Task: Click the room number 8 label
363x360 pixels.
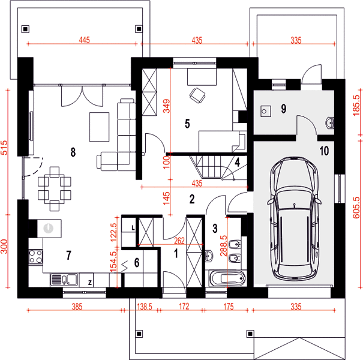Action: (73, 152)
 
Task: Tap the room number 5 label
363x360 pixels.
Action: (187, 124)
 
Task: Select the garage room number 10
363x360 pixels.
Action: (324, 151)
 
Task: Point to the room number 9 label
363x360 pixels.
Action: (284, 109)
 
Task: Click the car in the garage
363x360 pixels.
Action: (294, 219)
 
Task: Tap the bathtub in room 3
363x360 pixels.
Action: (227, 278)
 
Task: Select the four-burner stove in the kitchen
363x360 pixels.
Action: (35, 257)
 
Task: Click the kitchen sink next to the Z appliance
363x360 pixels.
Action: (64, 280)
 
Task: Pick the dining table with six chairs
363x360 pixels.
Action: (55, 188)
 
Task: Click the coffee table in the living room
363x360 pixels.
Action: (100, 127)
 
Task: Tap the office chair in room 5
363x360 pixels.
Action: (197, 95)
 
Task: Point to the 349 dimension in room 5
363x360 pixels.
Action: (166, 106)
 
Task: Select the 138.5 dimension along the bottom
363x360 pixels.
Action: (145, 307)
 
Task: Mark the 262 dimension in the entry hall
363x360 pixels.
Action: (179, 241)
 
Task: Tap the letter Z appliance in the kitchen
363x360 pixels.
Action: (90, 282)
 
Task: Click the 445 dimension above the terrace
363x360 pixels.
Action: (84, 40)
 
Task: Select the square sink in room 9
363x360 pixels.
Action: (266, 111)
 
